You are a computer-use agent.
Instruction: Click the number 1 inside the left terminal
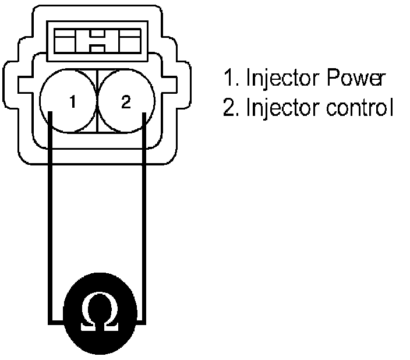pos(72,103)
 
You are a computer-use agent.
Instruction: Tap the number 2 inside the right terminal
pos(126,103)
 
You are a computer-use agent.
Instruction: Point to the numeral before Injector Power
pos(228,79)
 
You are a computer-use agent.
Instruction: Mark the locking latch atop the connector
pos(97,41)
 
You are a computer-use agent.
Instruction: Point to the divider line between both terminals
pos(97,102)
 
